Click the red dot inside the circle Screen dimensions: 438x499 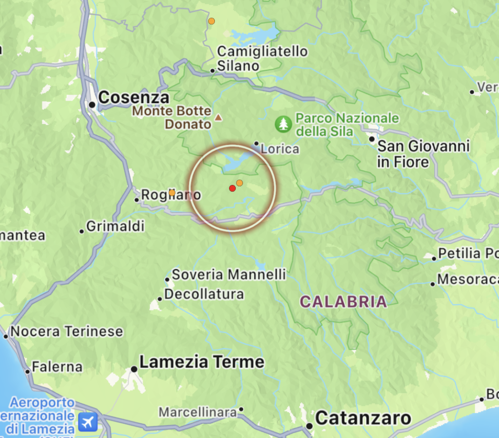[x=232, y=188]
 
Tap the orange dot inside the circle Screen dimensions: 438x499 [x=239, y=183]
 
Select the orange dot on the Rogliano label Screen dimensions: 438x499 [x=172, y=193]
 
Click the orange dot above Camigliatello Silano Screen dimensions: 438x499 [x=211, y=21]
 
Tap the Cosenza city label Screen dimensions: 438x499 [x=134, y=98]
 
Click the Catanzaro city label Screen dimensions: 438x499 [x=363, y=418]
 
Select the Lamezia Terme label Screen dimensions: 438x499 [x=202, y=362]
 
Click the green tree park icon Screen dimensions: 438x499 [x=283, y=124]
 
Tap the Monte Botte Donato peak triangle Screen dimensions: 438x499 [x=218, y=117]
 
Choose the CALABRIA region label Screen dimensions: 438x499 [x=343, y=301]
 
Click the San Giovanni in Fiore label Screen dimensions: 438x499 [x=423, y=153]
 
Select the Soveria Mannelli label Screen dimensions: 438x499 [x=229, y=274]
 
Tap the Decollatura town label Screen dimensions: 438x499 [x=204, y=294]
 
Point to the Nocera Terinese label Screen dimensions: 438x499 [x=67, y=332]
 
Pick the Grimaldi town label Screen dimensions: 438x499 [x=115, y=227]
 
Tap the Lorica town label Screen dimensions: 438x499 [x=280, y=148]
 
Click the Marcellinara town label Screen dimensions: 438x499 [x=198, y=413]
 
